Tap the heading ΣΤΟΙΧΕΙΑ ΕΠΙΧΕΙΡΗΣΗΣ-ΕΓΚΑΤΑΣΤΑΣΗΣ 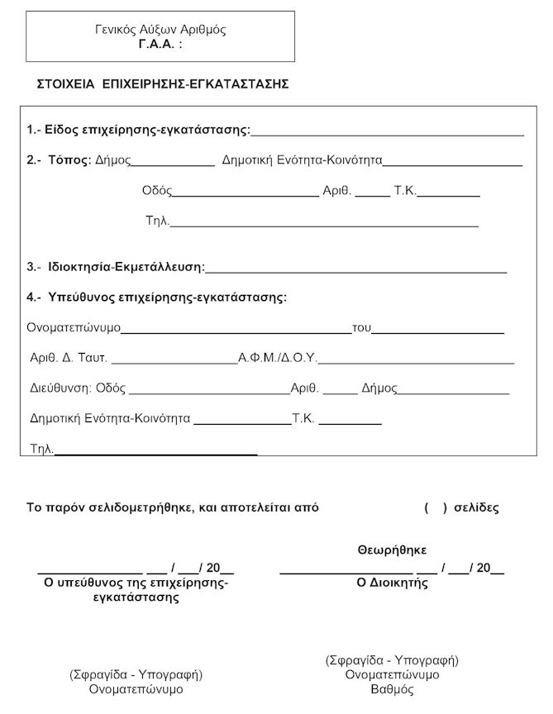[x=162, y=84]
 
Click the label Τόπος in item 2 [x=69, y=160]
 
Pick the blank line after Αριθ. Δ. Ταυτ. [x=174, y=362]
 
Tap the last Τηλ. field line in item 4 [x=155, y=453]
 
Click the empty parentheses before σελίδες [x=436, y=507]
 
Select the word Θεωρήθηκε [x=392, y=550]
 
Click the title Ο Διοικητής [x=392, y=582]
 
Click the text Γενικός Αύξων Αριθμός [x=161, y=30]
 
